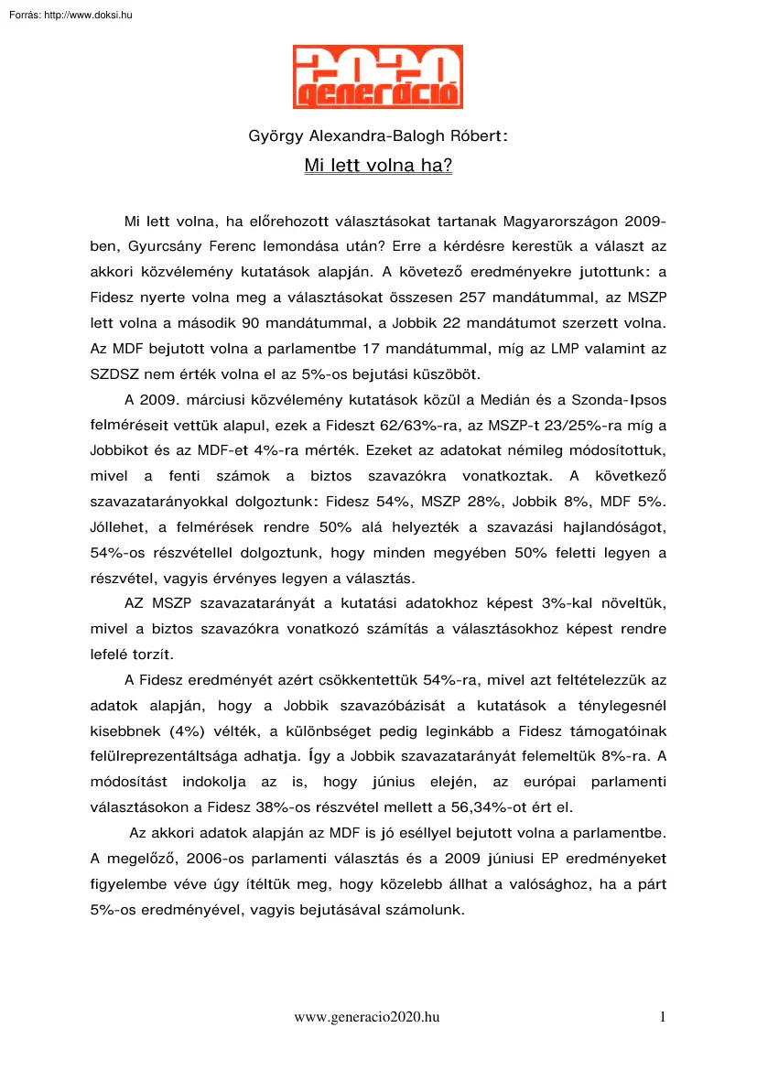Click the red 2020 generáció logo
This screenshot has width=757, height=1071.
click(377, 77)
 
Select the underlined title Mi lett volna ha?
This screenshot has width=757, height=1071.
click(378, 168)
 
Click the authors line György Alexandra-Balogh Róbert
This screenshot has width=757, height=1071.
click(378, 136)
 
